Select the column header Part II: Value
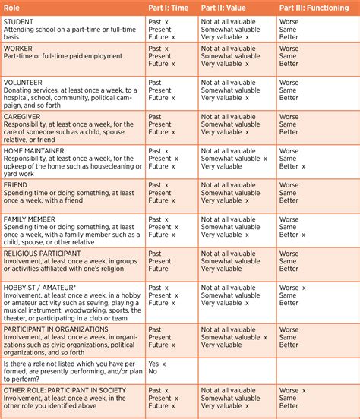click(229, 8)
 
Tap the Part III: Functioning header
click(314, 8)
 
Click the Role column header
click(12, 8)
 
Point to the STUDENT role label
click(19, 22)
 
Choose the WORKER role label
click(18, 48)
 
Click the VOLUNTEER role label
click(24, 82)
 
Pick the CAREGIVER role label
click(24, 116)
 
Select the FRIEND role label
click(16, 184)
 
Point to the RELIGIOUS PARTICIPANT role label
click(43, 253)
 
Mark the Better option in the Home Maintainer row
click(289, 167)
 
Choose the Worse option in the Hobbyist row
click(289, 288)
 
